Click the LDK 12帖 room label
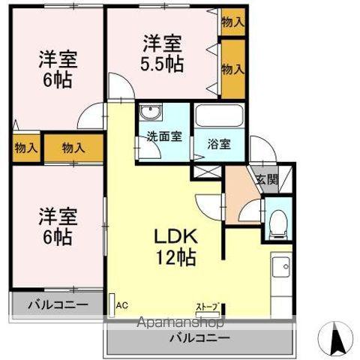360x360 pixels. (x=176, y=245)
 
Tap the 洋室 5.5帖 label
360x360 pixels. (x=162, y=53)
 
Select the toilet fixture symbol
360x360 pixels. (x=279, y=221)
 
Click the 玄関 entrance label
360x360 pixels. (x=266, y=179)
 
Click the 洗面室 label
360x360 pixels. (x=164, y=136)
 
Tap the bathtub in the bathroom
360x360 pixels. (x=219, y=117)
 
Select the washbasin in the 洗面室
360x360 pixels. (x=151, y=115)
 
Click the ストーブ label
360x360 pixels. (x=208, y=307)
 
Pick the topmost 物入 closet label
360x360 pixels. (x=232, y=22)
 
